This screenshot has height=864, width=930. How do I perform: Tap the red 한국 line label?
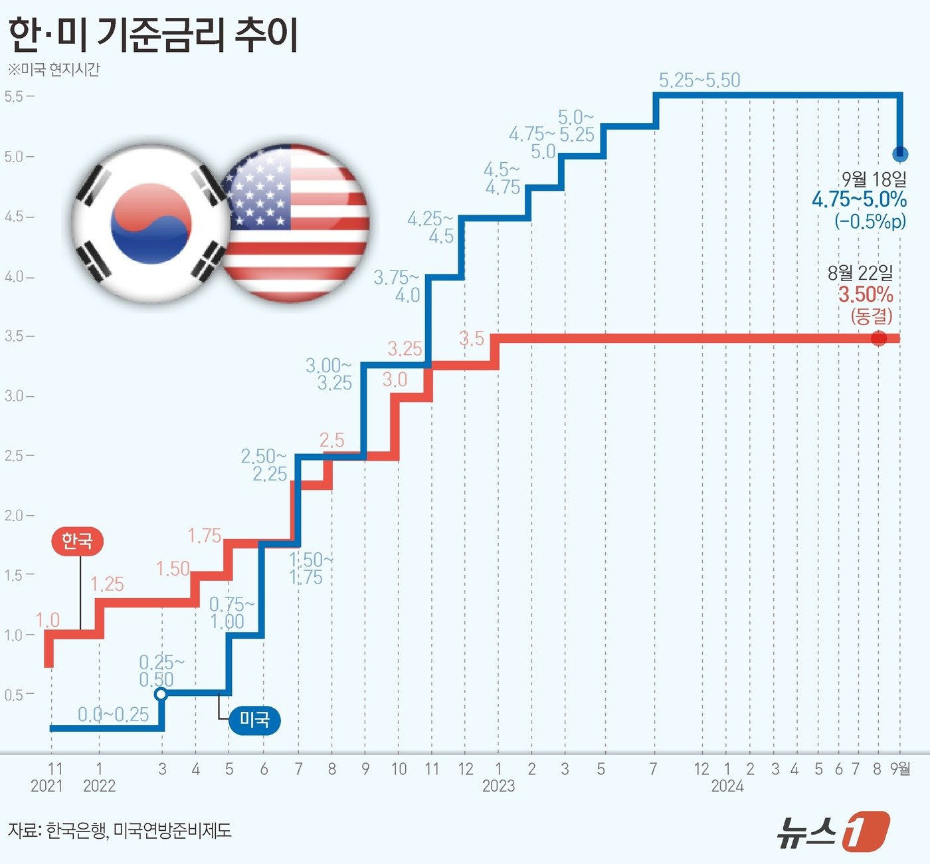pyautogui.click(x=77, y=541)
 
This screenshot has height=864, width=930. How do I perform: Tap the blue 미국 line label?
pyautogui.click(x=254, y=719)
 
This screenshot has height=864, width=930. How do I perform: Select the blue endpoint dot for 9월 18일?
pyautogui.click(x=900, y=154)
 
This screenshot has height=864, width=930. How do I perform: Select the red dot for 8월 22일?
pyautogui.click(x=879, y=338)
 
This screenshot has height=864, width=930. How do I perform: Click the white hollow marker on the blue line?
pyautogui.click(x=161, y=695)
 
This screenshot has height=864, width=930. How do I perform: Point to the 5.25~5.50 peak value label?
pyautogui.click(x=699, y=80)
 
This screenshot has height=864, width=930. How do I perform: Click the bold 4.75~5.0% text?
pyautogui.click(x=859, y=199)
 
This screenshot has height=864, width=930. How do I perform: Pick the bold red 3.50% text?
pyautogui.click(x=865, y=294)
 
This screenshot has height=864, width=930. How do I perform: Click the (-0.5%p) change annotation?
pyautogui.click(x=870, y=221)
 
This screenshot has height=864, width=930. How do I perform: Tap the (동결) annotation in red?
pyautogui.click(x=871, y=316)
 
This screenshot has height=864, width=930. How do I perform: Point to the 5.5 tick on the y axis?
pyautogui.click(x=14, y=96)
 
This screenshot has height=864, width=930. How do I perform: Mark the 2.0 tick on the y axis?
pyautogui.click(x=14, y=516)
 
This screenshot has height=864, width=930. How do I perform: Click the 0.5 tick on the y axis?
pyautogui.click(x=14, y=695)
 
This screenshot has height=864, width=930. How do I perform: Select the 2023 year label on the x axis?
pyautogui.click(x=498, y=786)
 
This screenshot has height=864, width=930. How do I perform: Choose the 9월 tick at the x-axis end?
pyautogui.click(x=901, y=769)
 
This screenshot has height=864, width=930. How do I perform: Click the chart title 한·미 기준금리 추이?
pyautogui.click(x=153, y=35)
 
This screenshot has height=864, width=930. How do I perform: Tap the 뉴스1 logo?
pyautogui.click(x=833, y=830)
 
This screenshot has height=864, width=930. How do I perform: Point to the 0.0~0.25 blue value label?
pyautogui.click(x=114, y=714)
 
